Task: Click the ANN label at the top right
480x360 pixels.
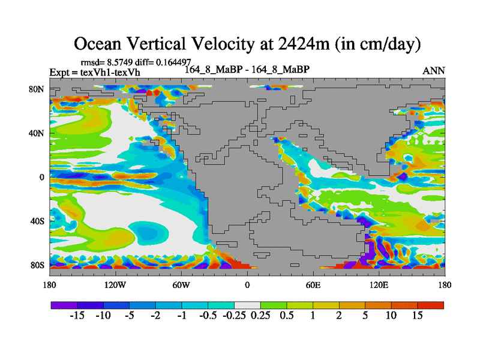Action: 434,71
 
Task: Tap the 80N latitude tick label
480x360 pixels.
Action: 37,89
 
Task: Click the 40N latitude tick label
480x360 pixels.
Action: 37,133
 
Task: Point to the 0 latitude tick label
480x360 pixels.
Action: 41,177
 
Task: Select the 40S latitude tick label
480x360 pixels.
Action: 37,221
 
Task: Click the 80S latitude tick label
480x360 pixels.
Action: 37,265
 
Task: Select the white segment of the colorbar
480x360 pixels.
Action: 247,305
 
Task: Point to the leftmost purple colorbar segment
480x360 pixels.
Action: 64,305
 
